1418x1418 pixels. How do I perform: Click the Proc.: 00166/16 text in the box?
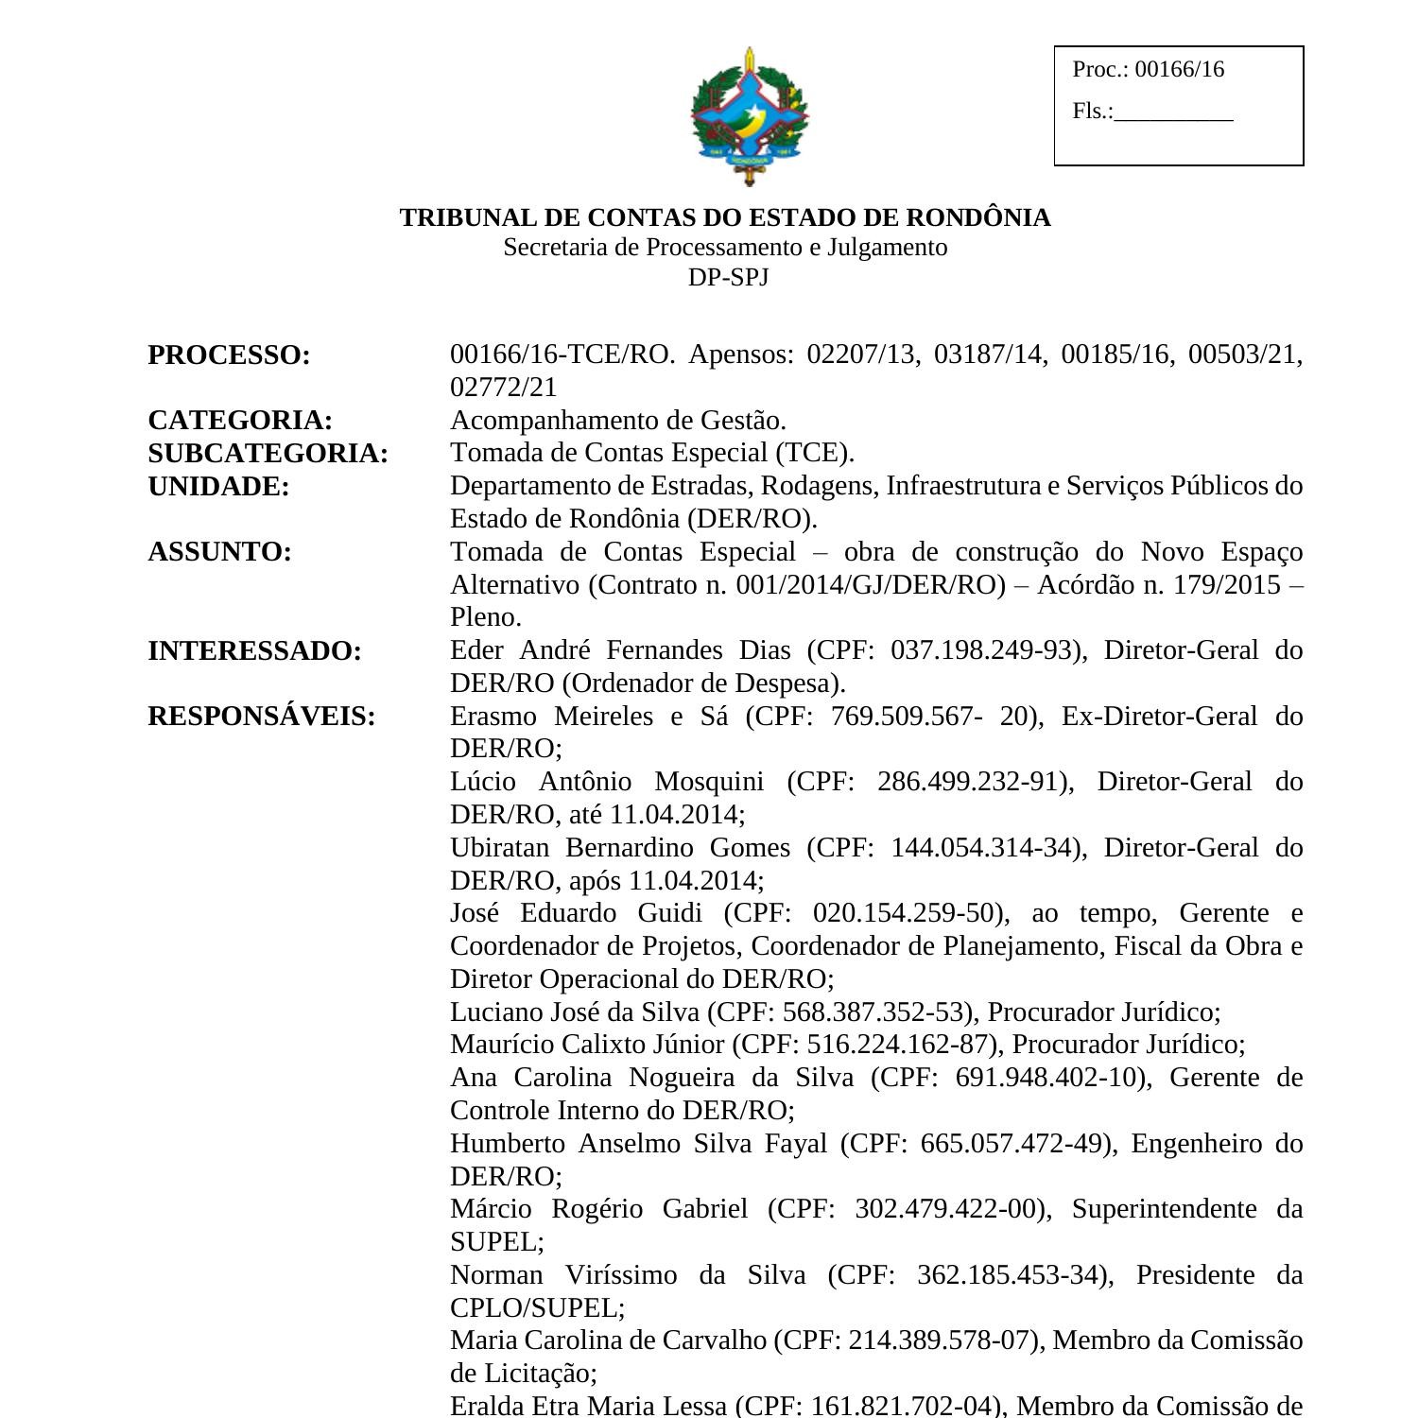[x=1148, y=69]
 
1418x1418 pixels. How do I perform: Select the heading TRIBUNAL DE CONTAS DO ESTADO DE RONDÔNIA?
[x=724, y=217]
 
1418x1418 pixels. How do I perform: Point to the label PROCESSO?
[x=229, y=355]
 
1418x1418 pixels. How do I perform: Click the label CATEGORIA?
[x=240, y=420]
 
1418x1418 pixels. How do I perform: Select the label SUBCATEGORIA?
[x=268, y=453]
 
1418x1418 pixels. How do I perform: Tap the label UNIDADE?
[x=218, y=486]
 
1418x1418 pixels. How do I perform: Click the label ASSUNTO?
[x=219, y=551]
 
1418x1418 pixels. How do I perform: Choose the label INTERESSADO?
[x=254, y=650]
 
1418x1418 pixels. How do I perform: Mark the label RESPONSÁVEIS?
[x=261, y=717]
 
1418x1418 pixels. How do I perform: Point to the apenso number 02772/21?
[x=503, y=388]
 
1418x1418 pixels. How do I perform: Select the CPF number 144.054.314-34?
[x=984, y=847]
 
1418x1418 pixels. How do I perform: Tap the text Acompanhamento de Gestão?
[x=617, y=420]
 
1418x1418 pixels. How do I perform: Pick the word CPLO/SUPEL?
[x=534, y=1308]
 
